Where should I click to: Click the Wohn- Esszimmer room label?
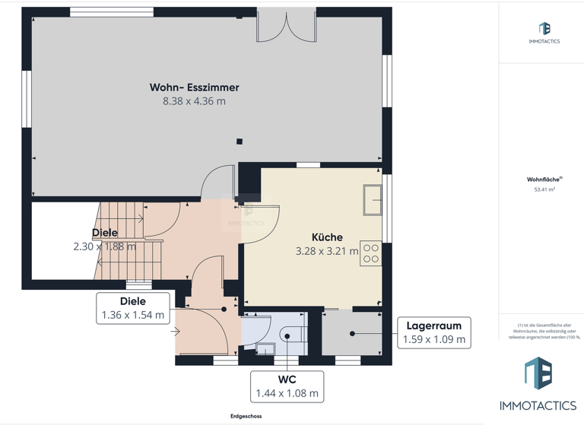[x=194, y=87]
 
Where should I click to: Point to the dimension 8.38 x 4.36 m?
[x=194, y=101]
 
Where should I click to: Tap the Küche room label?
[x=327, y=237]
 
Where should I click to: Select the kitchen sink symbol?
[x=373, y=200]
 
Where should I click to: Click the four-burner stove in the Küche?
[x=371, y=253]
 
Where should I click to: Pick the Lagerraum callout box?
[x=433, y=332]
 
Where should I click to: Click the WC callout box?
[x=287, y=386]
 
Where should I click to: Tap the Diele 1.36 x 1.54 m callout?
[x=132, y=308]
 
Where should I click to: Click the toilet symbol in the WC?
[x=292, y=334]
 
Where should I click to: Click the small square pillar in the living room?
[x=240, y=141]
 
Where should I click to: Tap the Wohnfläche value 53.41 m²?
[x=544, y=189]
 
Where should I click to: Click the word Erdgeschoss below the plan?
[x=246, y=416]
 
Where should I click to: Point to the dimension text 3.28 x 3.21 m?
[x=327, y=251]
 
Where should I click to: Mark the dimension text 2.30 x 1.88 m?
[x=105, y=246]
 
